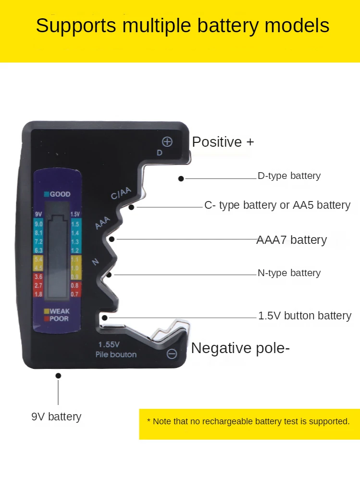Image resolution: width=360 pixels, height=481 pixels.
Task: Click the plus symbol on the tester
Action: point(167,141)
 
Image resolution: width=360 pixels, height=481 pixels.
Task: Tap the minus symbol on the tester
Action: point(172,354)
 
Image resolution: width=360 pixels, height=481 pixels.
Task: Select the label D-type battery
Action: point(289,176)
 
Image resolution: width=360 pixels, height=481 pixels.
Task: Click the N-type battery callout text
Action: point(289,273)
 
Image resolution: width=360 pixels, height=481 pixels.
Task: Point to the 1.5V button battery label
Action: point(305,316)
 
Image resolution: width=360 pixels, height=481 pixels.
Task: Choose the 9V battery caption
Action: point(56,417)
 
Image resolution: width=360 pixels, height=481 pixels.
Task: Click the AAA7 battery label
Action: point(291,240)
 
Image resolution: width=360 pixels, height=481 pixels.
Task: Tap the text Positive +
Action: point(223,142)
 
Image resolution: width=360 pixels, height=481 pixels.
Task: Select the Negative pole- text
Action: point(240,348)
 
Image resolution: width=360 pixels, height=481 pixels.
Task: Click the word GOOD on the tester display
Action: point(60,194)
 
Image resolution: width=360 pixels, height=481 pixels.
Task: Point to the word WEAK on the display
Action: point(60,311)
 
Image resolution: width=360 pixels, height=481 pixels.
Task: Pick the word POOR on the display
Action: point(59,318)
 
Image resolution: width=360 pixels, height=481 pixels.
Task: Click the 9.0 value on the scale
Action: point(38,224)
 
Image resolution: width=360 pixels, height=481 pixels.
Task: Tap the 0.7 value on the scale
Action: point(75,293)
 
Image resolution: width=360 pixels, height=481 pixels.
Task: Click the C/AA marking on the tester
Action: point(121,193)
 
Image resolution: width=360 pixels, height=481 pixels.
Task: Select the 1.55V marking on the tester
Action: point(109,344)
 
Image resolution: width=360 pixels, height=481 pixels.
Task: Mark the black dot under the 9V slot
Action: point(58,376)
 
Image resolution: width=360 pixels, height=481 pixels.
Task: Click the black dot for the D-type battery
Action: point(181,178)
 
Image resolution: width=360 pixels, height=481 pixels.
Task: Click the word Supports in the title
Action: point(76,25)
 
